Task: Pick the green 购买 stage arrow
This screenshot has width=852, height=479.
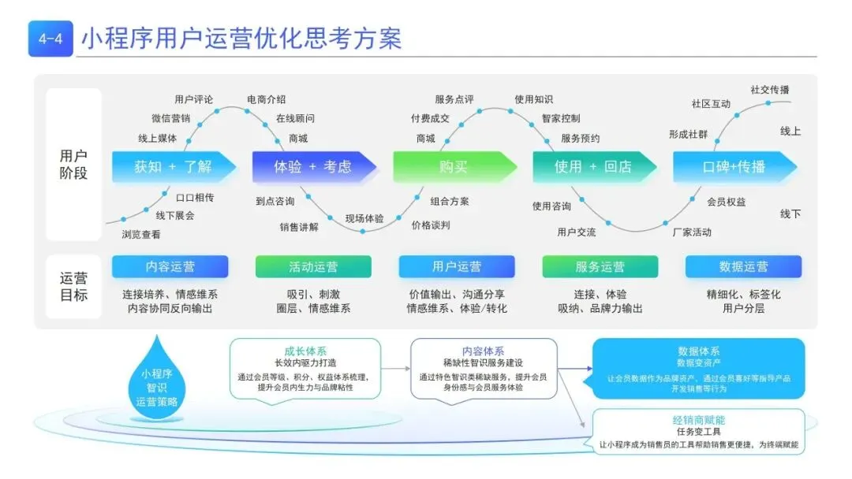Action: [x=453, y=166]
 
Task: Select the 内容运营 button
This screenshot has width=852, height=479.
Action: [x=170, y=267]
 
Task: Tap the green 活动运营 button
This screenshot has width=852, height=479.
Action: [x=313, y=267]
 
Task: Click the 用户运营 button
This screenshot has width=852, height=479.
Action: [x=457, y=267]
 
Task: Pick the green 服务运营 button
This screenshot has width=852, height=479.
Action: [x=600, y=267]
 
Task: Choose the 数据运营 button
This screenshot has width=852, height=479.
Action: [x=743, y=267]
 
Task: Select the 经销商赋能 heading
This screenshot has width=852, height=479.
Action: [x=698, y=420]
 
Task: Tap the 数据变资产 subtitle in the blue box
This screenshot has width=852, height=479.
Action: [x=698, y=363]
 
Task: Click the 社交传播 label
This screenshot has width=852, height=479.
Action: [x=769, y=90]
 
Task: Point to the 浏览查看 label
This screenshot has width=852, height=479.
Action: [x=141, y=234]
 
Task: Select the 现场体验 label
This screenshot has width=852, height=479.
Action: [x=364, y=218]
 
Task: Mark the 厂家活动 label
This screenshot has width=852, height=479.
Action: [x=691, y=232]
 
